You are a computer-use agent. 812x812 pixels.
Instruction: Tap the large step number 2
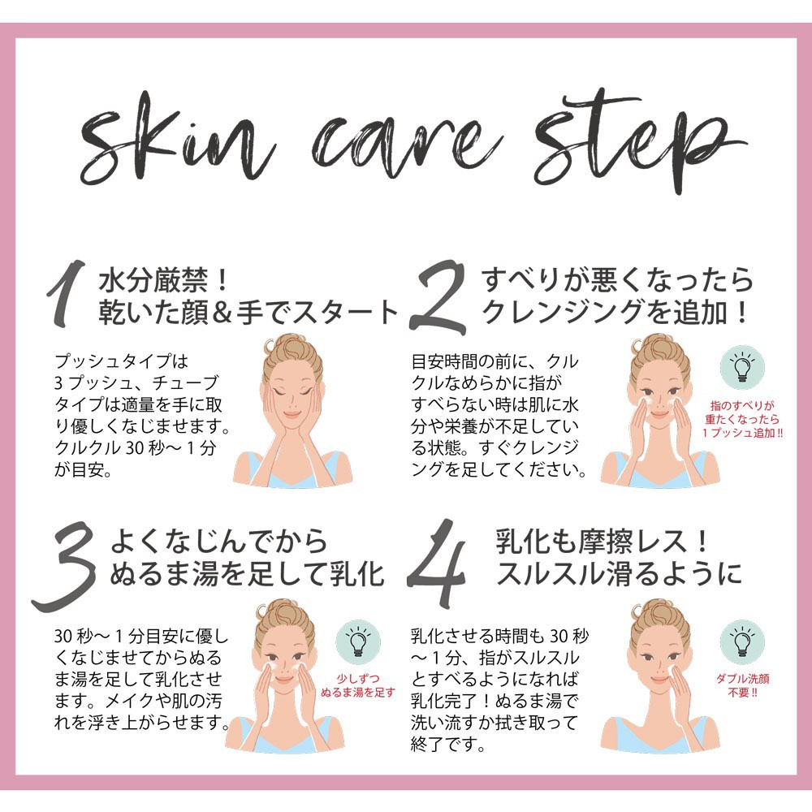click(438, 296)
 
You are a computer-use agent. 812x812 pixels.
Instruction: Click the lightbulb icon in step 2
click(742, 365)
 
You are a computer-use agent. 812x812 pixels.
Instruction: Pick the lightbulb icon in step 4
click(742, 642)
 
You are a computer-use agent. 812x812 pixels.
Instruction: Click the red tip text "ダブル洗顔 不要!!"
click(743, 685)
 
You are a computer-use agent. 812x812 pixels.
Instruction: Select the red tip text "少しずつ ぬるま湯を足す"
click(358, 685)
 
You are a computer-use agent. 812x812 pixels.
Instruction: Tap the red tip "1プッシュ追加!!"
click(743, 433)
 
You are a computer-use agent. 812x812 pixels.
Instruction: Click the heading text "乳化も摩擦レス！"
click(603, 541)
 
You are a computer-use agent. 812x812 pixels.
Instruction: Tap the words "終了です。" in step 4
click(448, 745)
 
